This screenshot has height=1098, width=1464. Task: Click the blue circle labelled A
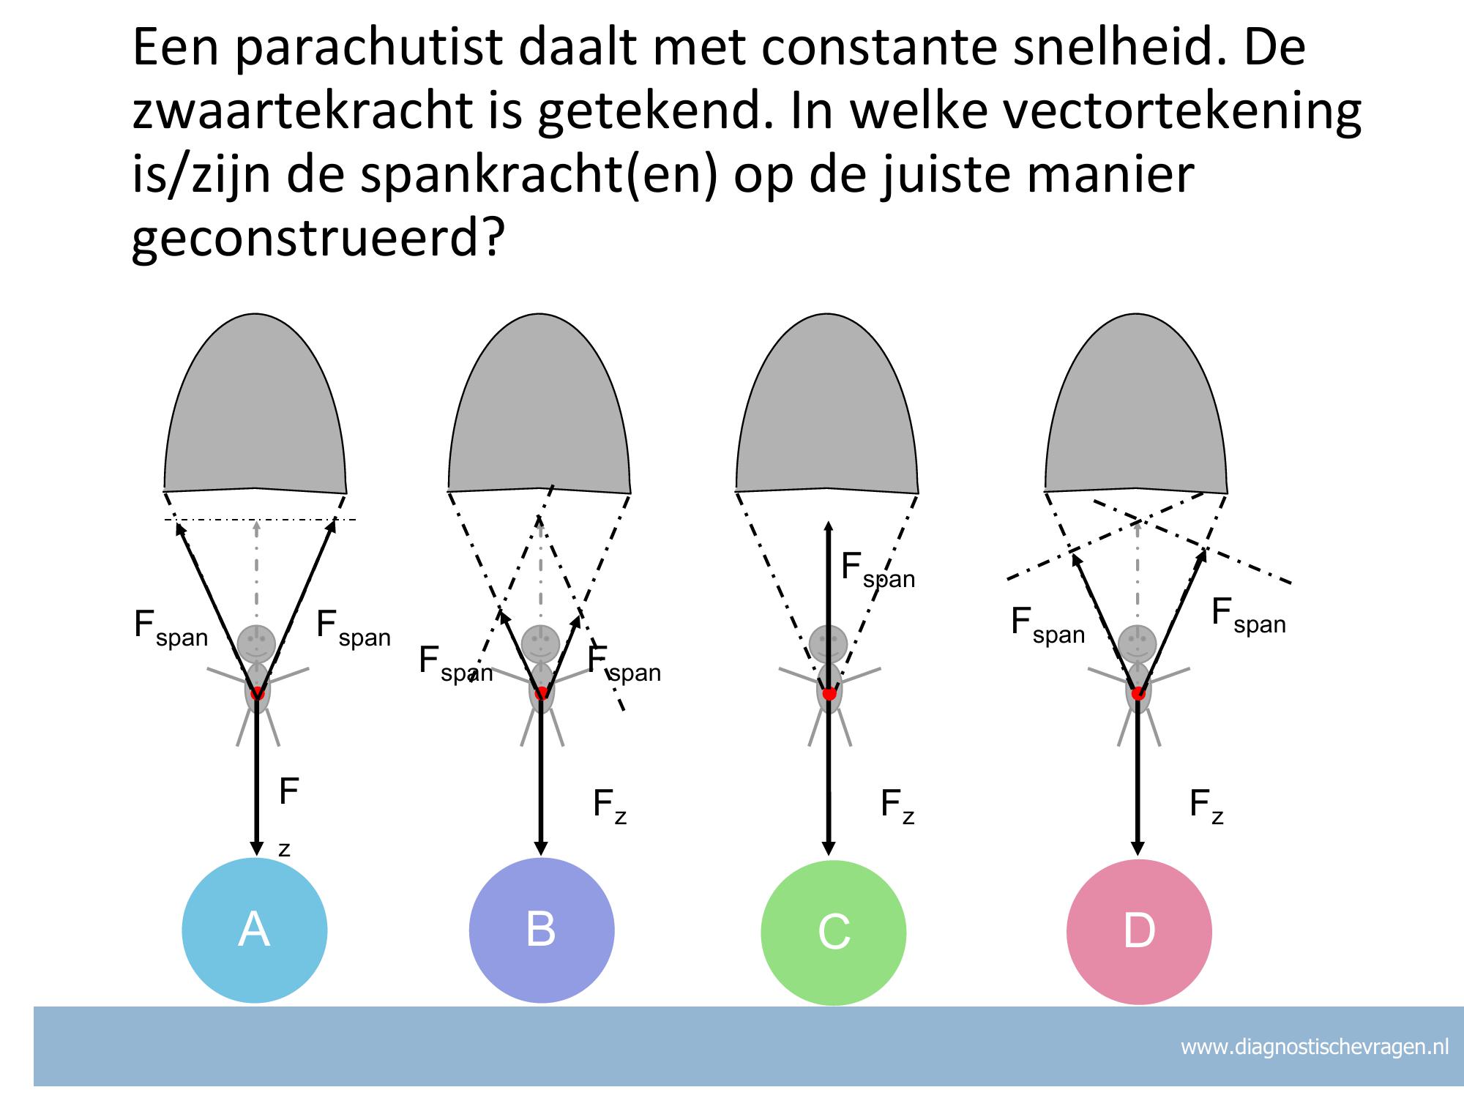click(x=254, y=930)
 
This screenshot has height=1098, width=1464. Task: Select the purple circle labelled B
click(x=541, y=930)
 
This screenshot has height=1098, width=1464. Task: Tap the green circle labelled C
click(x=833, y=933)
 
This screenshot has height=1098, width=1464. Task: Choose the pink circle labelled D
click(x=1138, y=932)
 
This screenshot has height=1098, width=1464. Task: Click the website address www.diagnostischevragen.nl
click(x=1314, y=1047)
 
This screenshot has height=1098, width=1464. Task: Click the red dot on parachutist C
click(x=829, y=693)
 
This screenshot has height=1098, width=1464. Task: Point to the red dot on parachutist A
click(x=257, y=693)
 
